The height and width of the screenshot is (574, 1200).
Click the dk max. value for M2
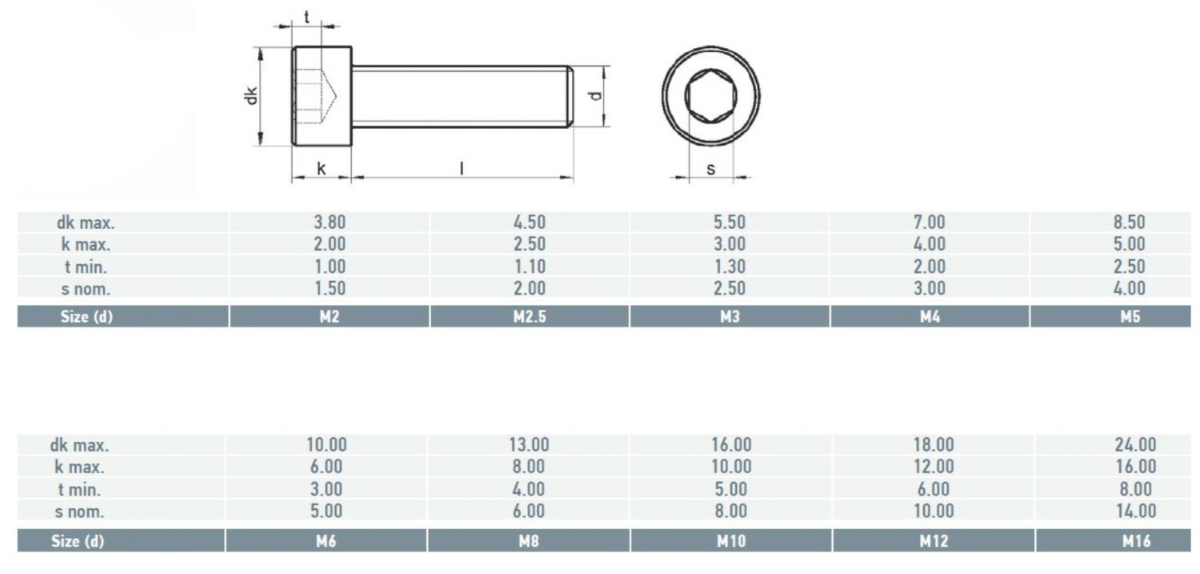click(x=330, y=222)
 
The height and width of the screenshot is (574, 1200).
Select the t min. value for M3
click(x=730, y=267)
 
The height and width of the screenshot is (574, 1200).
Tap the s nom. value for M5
click(x=1130, y=288)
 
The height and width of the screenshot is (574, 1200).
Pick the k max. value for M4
click(x=930, y=244)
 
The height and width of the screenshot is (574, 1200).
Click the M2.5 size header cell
click(x=530, y=317)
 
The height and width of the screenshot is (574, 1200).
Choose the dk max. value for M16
click(x=1136, y=444)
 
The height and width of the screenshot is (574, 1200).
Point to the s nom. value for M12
click(x=934, y=511)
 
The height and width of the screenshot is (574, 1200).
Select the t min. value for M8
click(x=528, y=489)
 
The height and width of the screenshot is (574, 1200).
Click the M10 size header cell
click(x=731, y=540)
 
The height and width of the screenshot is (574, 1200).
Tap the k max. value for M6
click(x=326, y=466)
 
